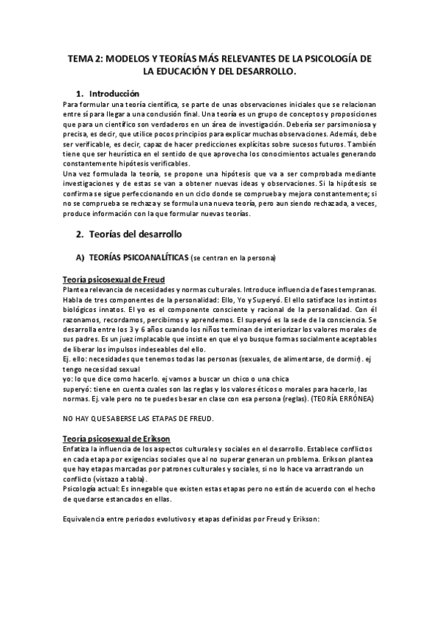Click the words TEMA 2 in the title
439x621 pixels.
[84, 59]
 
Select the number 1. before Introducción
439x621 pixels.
[81, 94]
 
